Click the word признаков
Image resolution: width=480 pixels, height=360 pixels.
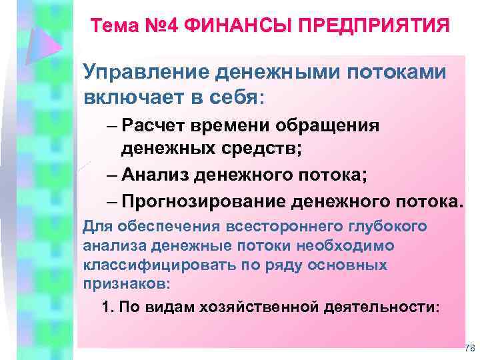point(125,283)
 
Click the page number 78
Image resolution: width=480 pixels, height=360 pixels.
point(469,348)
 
